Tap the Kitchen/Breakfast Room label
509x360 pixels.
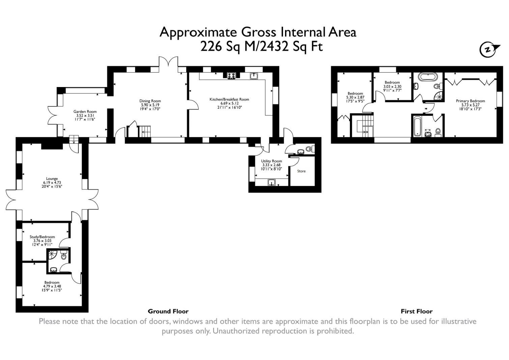point(229,99)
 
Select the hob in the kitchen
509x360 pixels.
point(231,76)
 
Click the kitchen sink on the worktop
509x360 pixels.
point(254,76)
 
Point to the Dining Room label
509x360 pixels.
point(150,101)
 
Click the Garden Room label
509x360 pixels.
point(85,111)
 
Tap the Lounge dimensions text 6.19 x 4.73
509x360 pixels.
point(52,183)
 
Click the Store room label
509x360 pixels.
point(301,171)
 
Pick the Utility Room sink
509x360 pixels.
point(272,183)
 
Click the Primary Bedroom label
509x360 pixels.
point(470,101)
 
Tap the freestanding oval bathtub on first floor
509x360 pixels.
point(427,77)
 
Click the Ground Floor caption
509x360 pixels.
point(168,311)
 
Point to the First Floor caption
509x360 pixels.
point(417,311)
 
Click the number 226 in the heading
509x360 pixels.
point(212,46)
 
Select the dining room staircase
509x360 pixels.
point(145,131)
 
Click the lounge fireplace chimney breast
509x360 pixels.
point(52,146)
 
